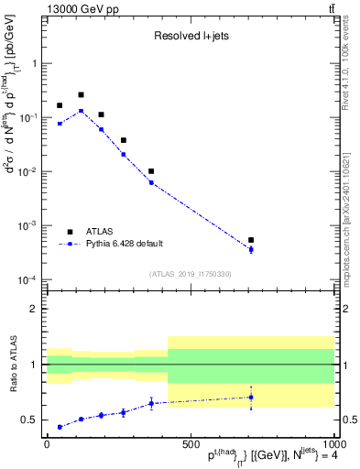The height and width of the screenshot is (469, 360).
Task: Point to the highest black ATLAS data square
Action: (x=81, y=94)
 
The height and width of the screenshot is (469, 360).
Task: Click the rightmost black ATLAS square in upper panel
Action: (x=251, y=240)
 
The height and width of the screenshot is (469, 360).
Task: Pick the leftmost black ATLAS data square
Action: (x=60, y=105)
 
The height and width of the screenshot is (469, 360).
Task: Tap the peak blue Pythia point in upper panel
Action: (x=81, y=111)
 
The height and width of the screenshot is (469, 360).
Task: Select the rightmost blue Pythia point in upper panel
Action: (x=251, y=249)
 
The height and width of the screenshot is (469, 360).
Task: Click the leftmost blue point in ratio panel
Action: (x=60, y=427)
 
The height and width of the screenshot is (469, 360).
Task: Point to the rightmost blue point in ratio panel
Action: (x=251, y=397)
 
